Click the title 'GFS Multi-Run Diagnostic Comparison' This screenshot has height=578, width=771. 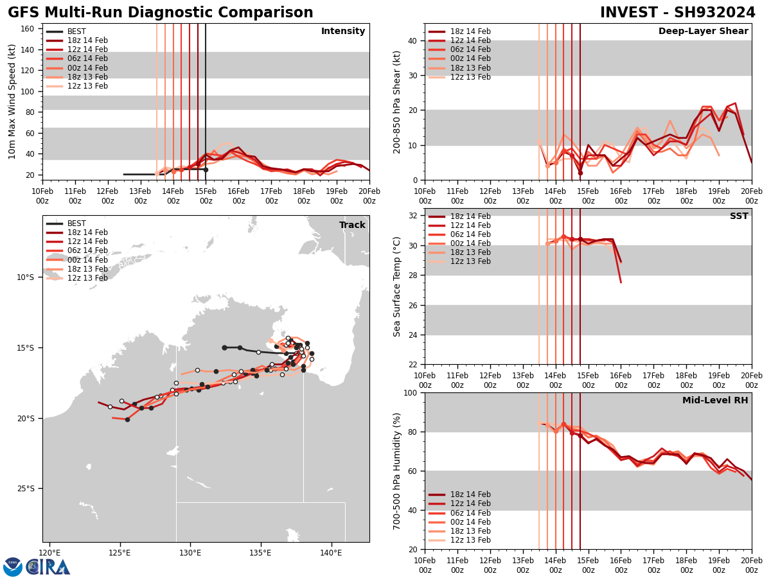161,13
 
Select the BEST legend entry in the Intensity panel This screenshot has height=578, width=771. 76,31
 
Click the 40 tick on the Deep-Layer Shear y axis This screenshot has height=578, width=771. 412,41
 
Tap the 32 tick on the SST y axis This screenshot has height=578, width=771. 412,216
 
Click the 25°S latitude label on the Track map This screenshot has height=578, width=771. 25,489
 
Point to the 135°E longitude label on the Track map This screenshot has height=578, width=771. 260,552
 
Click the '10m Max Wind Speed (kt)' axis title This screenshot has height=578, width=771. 12,101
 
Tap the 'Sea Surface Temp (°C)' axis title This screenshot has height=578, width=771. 397,286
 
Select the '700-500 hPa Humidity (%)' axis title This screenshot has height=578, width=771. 397,471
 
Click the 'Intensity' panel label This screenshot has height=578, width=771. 343,31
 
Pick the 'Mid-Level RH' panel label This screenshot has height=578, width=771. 715,401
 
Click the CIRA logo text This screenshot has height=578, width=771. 49,567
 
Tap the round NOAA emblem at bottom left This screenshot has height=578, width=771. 13,567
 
